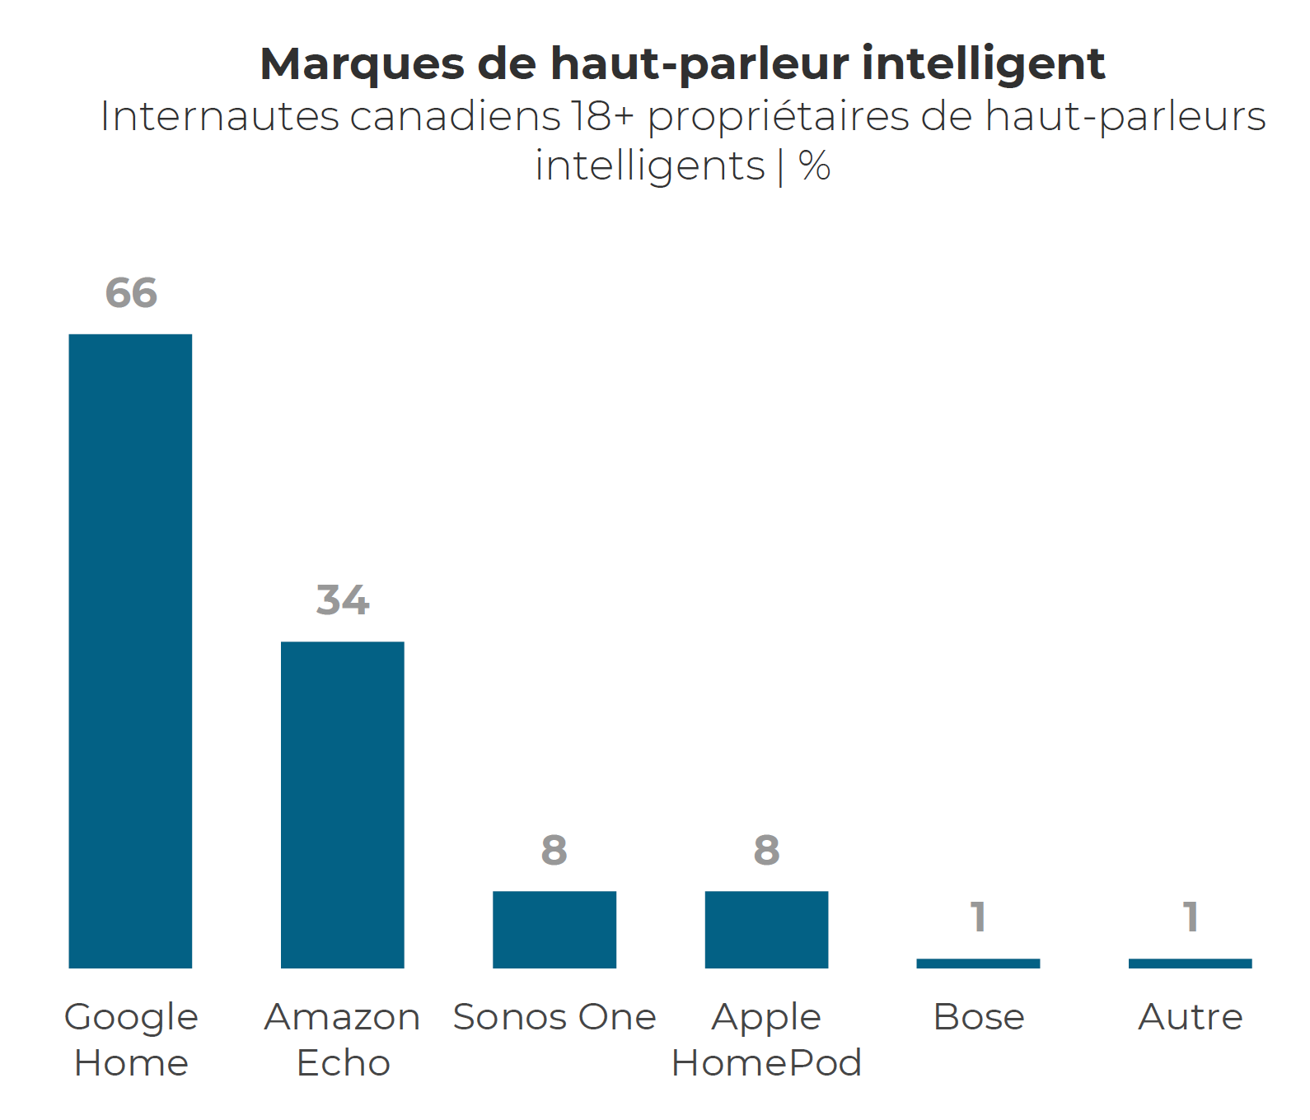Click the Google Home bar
(x=130, y=651)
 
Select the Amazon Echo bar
(x=342, y=805)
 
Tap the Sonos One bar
(x=554, y=929)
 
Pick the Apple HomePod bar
(x=766, y=929)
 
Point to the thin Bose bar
(x=978, y=963)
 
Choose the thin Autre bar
(x=1190, y=963)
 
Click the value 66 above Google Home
(x=131, y=293)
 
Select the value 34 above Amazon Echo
(x=343, y=600)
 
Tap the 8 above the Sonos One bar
(x=554, y=850)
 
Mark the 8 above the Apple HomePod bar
(x=766, y=850)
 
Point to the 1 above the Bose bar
(x=978, y=917)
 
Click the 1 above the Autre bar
(x=1190, y=917)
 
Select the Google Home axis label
(x=131, y=1039)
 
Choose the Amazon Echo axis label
(x=343, y=1039)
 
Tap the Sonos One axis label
(x=554, y=1017)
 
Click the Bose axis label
(x=979, y=1017)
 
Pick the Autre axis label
(x=1191, y=1017)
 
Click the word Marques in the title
(x=362, y=64)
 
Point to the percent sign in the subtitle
(x=814, y=166)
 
